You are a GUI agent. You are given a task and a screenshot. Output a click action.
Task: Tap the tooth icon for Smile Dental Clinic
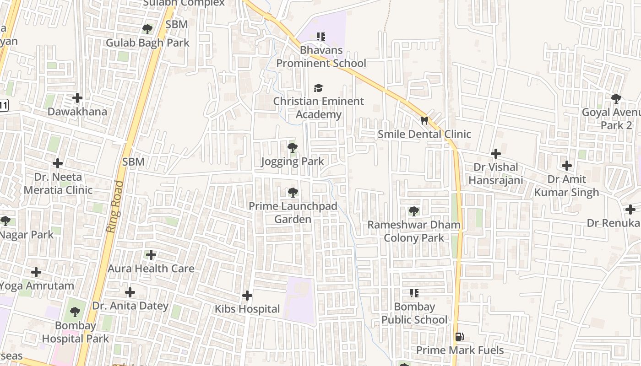424,120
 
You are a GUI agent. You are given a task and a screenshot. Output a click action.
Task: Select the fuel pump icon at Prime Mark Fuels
459,337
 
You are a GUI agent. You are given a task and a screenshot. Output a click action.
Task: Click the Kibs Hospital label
247,309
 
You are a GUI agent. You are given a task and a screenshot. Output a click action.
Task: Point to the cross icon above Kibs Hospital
247,296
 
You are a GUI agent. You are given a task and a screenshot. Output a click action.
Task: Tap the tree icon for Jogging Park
292,148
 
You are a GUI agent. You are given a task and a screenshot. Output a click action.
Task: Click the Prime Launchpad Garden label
293,213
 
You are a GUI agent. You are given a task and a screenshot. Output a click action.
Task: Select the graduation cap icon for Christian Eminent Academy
318,88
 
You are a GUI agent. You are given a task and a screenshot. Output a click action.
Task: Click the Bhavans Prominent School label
321,57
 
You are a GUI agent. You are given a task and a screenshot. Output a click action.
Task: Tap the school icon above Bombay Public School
414,293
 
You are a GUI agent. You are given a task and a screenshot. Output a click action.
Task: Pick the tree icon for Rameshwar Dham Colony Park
413,211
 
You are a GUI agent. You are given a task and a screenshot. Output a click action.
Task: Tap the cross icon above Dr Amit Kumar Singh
567,166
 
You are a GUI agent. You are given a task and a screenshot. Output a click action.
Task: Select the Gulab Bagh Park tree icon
147,29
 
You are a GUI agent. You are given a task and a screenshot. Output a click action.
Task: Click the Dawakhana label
77,112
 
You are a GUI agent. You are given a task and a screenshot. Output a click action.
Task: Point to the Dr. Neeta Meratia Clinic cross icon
58,163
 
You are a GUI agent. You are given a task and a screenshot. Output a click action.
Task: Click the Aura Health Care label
151,269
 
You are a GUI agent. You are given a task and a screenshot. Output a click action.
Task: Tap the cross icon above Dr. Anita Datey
130,292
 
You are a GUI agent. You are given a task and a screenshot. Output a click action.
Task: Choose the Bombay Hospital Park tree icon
75,312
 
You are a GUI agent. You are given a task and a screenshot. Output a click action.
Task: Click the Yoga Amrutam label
37,286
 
